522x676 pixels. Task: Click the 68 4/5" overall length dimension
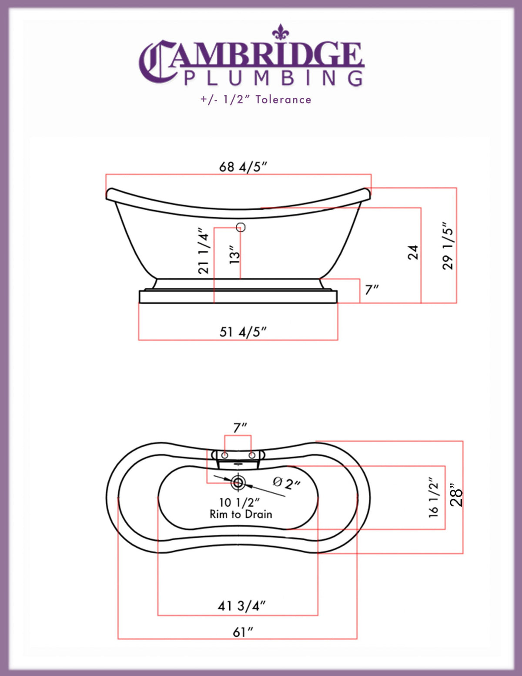pyautogui.click(x=243, y=167)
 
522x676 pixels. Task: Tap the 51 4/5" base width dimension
pyautogui.click(x=243, y=332)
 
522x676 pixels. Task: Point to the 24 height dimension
pyautogui.click(x=413, y=252)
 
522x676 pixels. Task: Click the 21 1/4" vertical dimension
pyautogui.click(x=203, y=251)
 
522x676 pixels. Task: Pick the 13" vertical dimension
pyautogui.click(x=234, y=255)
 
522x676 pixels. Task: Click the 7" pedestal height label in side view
pyautogui.click(x=371, y=289)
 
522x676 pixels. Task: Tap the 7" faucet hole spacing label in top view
pyautogui.click(x=240, y=428)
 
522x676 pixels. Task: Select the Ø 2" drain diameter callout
pyautogui.click(x=287, y=483)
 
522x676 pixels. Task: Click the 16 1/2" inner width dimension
pyautogui.click(x=434, y=498)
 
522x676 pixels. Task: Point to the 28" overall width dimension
pyautogui.click(x=456, y=495)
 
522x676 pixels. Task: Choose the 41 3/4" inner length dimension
pyautogui.click(x=241, y=605)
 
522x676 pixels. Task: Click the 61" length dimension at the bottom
pyautogui.click(x=243, y=632)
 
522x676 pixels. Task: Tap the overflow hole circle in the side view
pyautogui.click(x=241, y=227)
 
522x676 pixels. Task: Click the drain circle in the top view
pyautogui.click(x=238, y=482)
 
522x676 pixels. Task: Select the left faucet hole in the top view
pyautogui.click(x=225, y=455)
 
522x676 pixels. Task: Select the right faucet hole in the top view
pyautogui.click(x=252, y=455)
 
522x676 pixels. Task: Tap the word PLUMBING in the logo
pyautogui.click(x=273, y=78)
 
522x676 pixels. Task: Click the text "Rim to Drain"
pyautogui.click(x=241, y=515)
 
